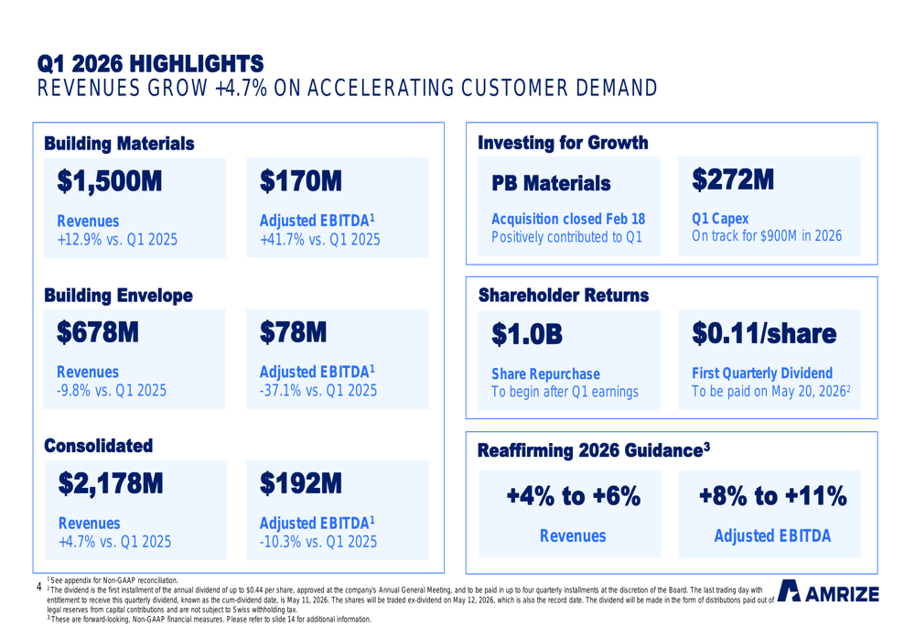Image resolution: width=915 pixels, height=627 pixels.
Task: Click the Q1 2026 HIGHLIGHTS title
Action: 150,63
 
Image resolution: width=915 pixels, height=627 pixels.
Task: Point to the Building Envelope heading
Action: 118,295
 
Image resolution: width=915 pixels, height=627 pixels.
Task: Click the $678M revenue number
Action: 98,332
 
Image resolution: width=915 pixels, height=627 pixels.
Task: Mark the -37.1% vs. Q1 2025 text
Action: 318,391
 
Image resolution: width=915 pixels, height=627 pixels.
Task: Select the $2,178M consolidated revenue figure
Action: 109,483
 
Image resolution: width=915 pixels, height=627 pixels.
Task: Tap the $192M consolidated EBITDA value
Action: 301,483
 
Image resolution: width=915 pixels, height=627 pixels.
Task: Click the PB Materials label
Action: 550,184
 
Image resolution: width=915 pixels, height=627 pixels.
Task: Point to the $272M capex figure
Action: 734,179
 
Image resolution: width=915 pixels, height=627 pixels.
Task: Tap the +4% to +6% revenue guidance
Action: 573,497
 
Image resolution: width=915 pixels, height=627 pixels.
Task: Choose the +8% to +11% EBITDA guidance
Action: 772,497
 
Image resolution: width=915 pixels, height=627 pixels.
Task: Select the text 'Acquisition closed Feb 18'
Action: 567,219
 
